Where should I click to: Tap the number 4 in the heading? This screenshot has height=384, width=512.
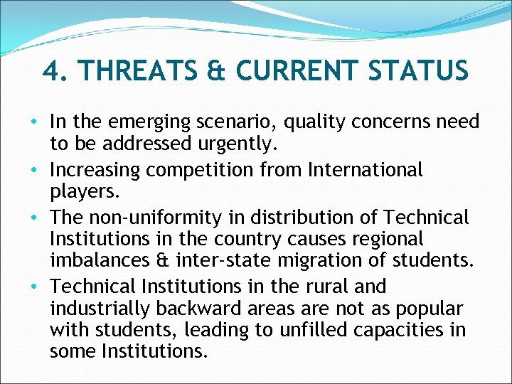[49, 71]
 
